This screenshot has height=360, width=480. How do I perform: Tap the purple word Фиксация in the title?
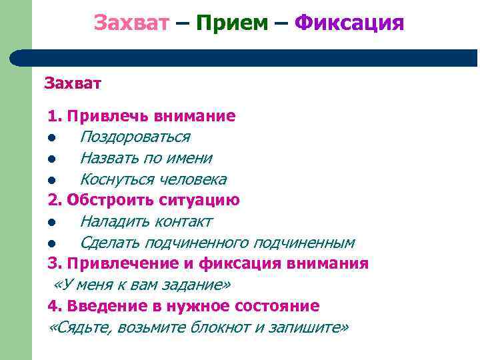[349, 23]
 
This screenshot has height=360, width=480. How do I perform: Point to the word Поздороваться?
[135, 137]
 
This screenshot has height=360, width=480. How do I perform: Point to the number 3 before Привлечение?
[53, 263]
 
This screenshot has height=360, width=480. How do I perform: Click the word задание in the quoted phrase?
[200, 285]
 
